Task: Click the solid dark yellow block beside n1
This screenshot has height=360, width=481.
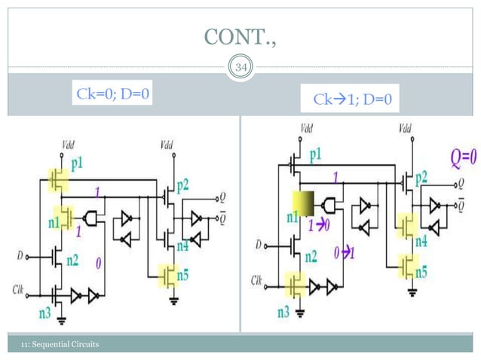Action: tap(304, 203)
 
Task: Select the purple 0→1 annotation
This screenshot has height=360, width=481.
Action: tap(344, 252)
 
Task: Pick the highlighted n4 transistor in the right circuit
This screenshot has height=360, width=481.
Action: tap(408, 224)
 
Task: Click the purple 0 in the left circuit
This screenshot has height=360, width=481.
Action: tap(99, 262)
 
